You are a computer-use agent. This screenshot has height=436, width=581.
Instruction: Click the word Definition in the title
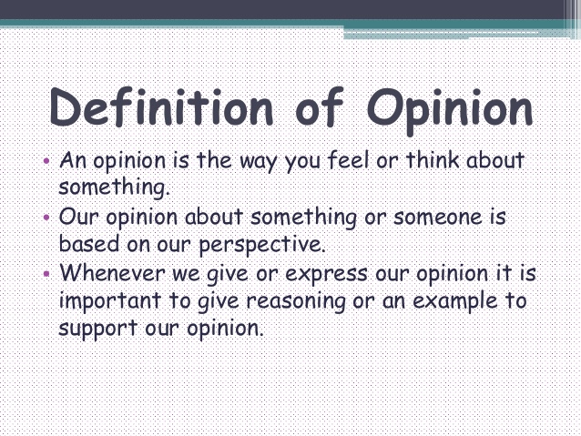click(161, 107)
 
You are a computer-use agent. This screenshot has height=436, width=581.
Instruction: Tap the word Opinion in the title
click(450, 111)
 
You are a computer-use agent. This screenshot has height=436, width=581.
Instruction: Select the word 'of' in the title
click(320, 107)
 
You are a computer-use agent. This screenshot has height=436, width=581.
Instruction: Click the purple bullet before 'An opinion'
click(46, 161)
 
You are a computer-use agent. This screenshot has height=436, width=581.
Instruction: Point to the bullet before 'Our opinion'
click(46, 217)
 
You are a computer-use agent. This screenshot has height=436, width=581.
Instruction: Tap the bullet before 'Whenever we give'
click(46, 273)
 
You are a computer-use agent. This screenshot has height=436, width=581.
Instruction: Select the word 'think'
click(433, 159)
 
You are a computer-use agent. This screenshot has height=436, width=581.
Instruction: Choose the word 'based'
click(89, 243)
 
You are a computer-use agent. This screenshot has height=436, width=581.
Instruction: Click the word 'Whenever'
click(112, 273)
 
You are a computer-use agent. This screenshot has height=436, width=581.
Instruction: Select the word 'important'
click(110, 300)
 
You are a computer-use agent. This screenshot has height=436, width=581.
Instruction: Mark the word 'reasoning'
click(296, 302)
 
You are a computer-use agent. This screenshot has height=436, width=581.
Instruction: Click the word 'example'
click(454, 301)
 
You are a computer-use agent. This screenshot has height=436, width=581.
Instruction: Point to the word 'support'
click(98, 330)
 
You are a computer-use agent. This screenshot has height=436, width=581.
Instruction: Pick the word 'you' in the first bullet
click(302, 163)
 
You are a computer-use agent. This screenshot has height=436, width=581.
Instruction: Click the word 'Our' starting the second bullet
click(78, 217)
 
